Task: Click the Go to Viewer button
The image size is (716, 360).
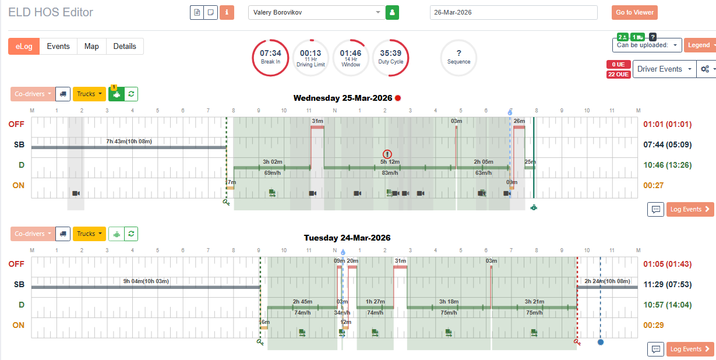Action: (634, 13)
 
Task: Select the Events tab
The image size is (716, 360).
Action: (58, 47)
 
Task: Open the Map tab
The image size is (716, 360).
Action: (91, 47)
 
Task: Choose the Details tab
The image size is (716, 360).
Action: (125, 47)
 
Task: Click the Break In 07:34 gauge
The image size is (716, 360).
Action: (270, 57)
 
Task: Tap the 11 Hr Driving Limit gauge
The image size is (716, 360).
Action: (310, 57)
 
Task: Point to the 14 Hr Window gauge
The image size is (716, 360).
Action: (351, 57)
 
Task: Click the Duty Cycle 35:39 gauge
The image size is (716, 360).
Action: (390, 57)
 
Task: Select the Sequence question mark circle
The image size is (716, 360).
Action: (458, 57)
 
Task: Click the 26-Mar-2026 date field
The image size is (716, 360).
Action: (513, 12)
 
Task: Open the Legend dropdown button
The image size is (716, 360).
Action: (699, 45)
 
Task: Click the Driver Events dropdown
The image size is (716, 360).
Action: (664, 69)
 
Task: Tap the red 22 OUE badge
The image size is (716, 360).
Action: (618, 74)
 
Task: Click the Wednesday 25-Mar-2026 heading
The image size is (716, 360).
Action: (343, 98)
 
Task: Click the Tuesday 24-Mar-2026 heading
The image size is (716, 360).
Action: (347, 238)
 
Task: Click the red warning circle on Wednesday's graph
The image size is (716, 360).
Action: (388, 154)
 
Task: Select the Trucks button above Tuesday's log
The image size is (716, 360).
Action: (89, 234)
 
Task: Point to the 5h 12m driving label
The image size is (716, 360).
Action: (390, 161)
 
